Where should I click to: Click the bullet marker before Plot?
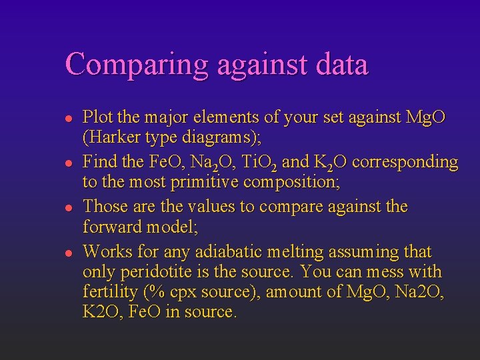tap(68, 119)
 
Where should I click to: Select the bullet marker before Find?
tap(68, 163)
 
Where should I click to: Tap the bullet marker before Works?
tap(68, 253)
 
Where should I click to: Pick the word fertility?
tap(109, 292)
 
